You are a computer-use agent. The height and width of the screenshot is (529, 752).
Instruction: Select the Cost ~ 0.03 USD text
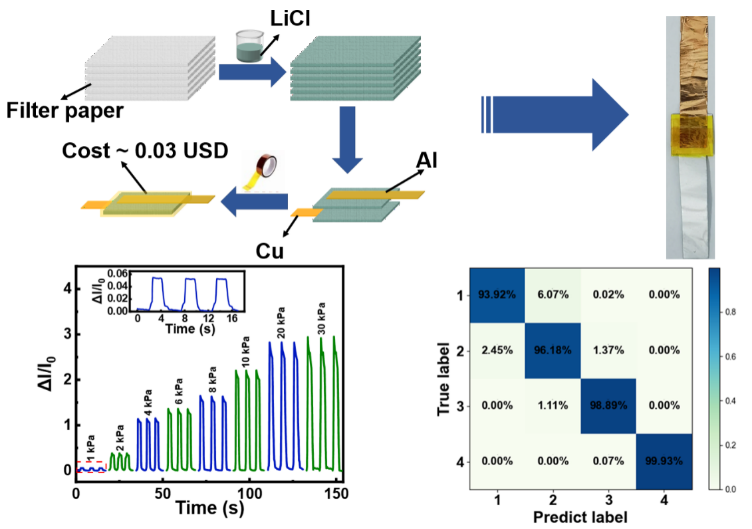tap(145, 151)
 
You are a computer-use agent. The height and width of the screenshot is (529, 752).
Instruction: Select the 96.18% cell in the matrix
tap(553, 350)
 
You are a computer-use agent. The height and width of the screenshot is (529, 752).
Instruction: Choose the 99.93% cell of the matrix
tap(664, 461)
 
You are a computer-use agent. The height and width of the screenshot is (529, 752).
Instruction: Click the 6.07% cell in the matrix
tap(553, 294)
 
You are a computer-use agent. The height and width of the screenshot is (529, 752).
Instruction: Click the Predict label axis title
tap(580, 516)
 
